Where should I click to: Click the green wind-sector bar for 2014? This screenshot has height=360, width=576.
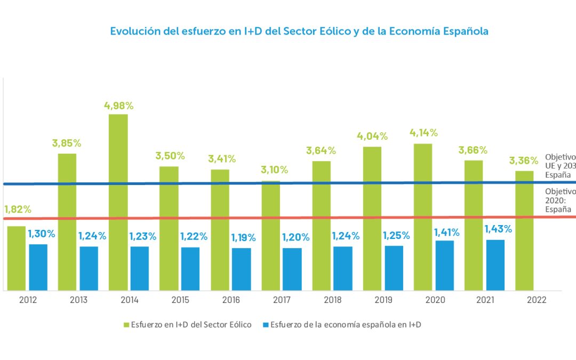118,203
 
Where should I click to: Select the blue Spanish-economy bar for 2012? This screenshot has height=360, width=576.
38,267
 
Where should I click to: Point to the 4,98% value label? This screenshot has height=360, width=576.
118,106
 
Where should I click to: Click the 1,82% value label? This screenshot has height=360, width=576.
18,209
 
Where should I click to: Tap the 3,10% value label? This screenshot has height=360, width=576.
274,170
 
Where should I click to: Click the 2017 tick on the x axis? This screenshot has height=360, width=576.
282,300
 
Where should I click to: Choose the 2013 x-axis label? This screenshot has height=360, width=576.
78,300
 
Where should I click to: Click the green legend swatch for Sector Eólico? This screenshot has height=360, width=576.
126,325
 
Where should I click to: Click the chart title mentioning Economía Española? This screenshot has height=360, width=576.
299,31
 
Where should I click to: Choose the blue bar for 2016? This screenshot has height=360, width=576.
241,269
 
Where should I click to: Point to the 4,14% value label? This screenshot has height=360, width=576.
423,133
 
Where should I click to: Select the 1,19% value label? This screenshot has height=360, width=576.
244,238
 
